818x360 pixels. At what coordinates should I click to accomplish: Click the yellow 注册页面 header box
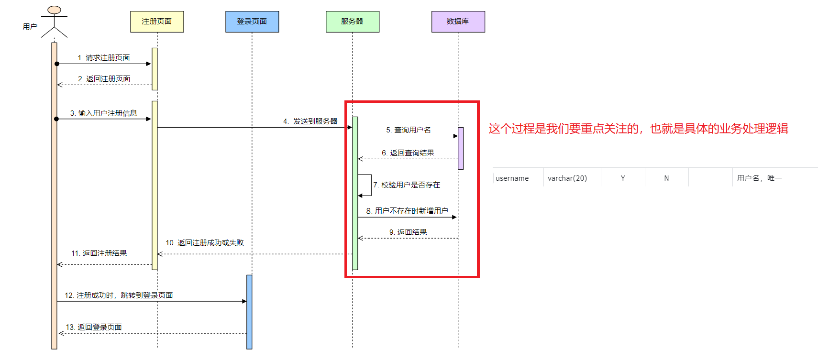click(x=157, y=22)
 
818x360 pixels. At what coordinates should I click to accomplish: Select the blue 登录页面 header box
click(x=252, y=22)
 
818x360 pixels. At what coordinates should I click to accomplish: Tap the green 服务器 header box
click(x=353, y=22)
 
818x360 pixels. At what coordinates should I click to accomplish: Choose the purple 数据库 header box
click(x=458, y=22)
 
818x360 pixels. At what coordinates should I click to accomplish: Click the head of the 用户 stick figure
click(x=55, y=10)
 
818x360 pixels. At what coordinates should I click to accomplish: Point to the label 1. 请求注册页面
click(x=104, y=58)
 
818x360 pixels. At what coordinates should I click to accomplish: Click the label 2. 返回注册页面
click(x=104, y=79)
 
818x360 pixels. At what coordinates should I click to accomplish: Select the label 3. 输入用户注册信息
click(x=104, y=113)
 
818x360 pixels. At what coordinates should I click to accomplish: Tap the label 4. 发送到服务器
click(x=310, y=121)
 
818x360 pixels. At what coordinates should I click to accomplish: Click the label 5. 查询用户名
click(x=409, y=130)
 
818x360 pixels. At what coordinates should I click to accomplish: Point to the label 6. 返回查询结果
click(x=408, y=153)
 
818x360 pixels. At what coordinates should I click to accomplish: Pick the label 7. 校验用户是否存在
click(x=407, y=185)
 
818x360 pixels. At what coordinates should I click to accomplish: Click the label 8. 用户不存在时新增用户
click(x=407, y=211)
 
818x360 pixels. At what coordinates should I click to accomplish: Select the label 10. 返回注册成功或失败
click(x=205, y=243)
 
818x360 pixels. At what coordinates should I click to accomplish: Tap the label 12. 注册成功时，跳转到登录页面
click(x=119, y=295)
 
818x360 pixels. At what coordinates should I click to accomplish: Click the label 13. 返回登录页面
click(x=94, y=327)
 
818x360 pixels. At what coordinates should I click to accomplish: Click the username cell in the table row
click(x=512, y=178)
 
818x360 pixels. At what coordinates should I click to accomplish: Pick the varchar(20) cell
click(x=567, y=178)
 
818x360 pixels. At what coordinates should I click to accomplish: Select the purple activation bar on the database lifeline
click(x=461, y=148)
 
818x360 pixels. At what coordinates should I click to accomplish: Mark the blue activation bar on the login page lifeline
click(x=249, y=312)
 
